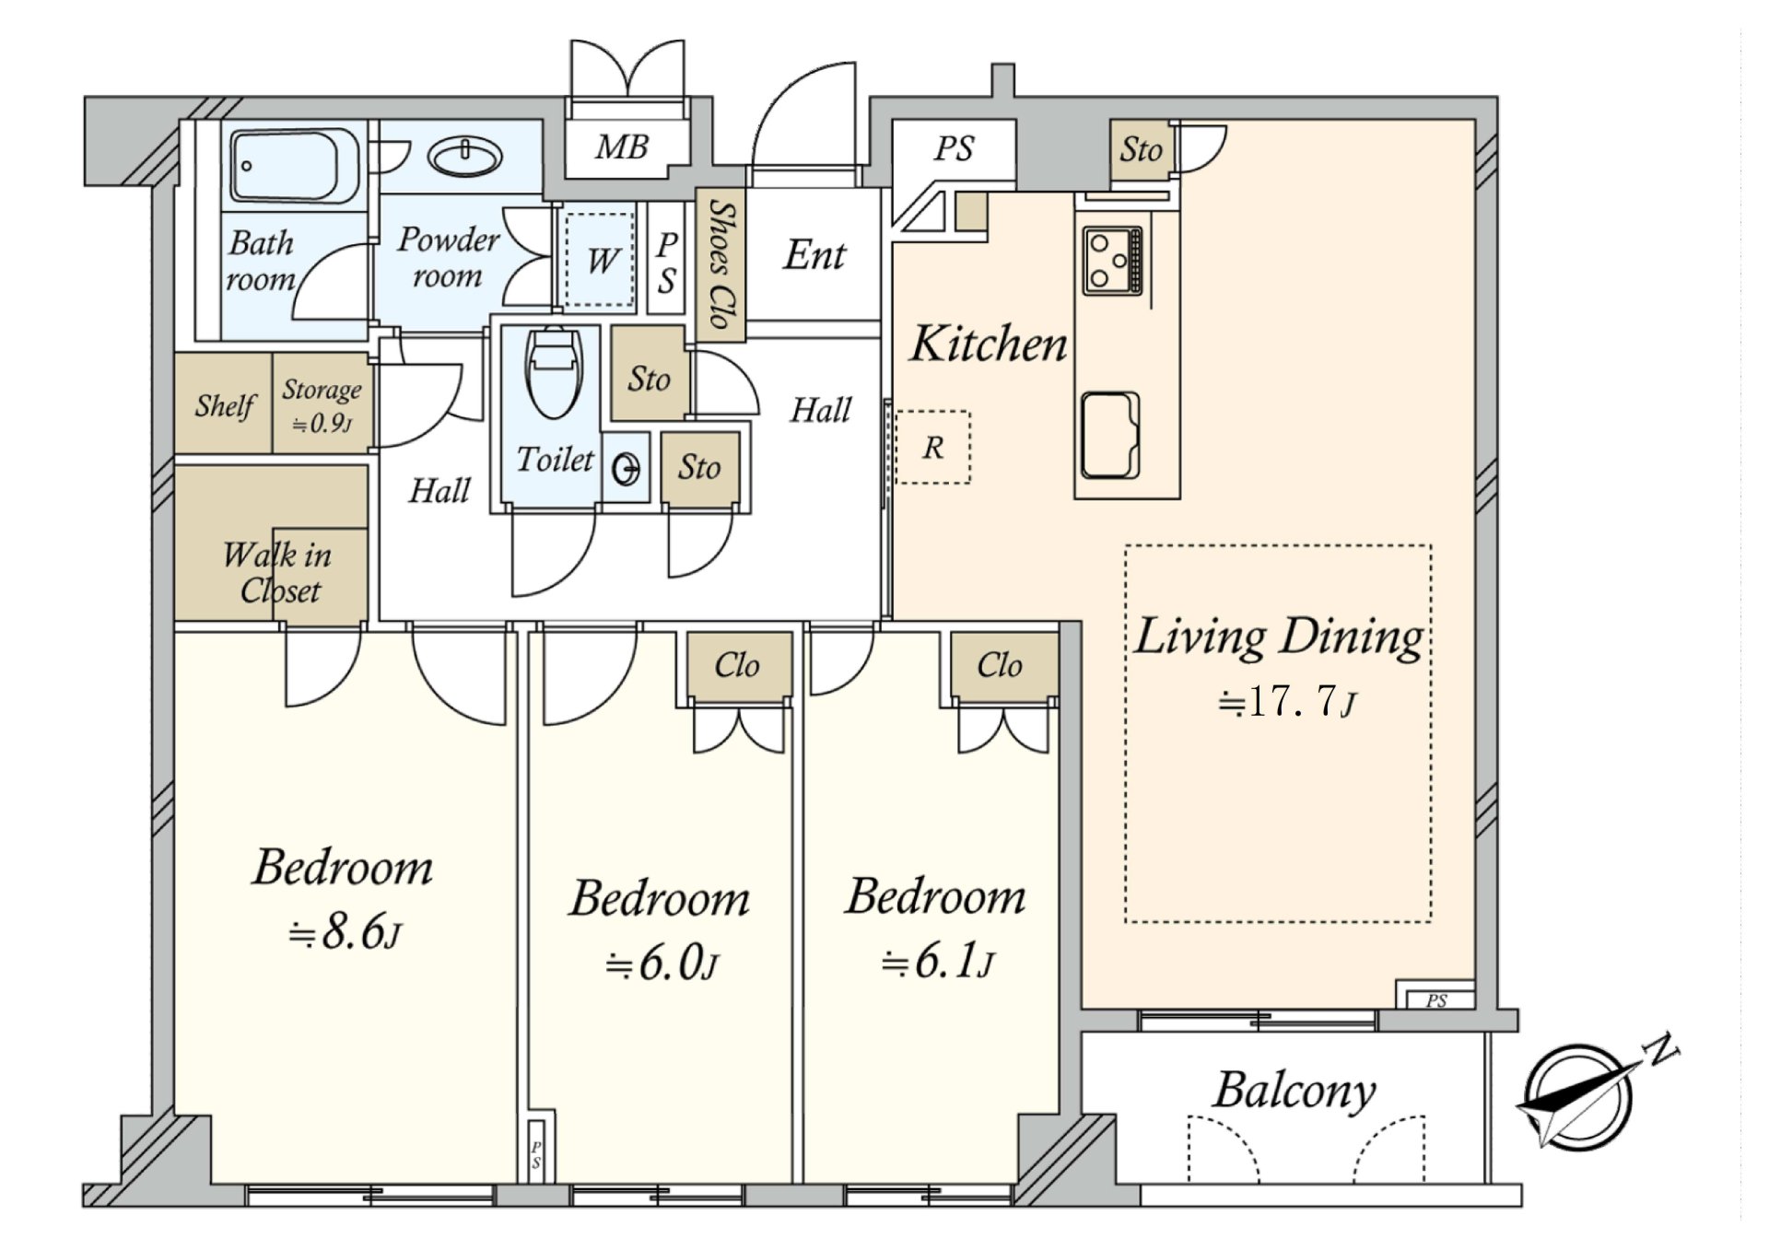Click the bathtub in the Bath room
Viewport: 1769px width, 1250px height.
coord(295,165)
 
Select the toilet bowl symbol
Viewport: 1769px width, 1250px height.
coord(553,372)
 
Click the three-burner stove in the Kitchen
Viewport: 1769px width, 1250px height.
coord(1113,260)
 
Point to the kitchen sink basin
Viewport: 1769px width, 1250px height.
coord(1110,436)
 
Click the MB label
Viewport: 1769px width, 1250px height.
coord(622,146)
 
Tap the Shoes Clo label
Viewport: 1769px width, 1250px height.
coord(721,265)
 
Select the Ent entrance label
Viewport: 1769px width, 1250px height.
coord(814,255)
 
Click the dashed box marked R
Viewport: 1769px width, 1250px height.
coord(932,447)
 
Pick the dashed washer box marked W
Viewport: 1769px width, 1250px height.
coord(600,260)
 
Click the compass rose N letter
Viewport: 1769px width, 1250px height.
coord(1662,1049)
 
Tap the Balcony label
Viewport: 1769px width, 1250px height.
coord(1294,1091)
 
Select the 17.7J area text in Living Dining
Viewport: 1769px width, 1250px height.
coord(1287,703)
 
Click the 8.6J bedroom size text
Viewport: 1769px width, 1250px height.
coord(345,933)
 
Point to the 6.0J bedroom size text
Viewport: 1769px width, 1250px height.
coord(662,964)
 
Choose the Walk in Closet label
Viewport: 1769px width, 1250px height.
coord(277,572)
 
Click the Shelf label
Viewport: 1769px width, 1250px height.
coord(224,405)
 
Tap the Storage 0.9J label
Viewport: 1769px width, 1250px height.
coord(322,405)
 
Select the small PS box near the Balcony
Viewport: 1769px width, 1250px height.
coord(1436,999)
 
